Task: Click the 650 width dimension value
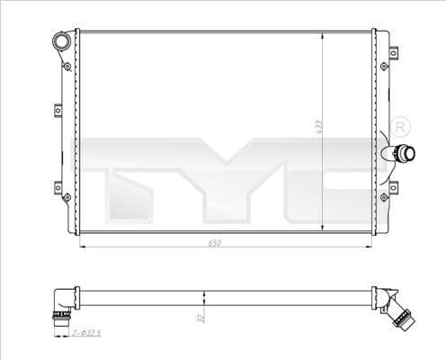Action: pos(213,241)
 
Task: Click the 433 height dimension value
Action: pos(317,129)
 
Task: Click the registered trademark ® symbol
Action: pos(401,123)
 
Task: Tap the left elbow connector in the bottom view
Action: pos(60,304)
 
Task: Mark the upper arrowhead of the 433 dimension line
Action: pos(322,35)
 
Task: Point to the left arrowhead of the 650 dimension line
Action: pos(85,246)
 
